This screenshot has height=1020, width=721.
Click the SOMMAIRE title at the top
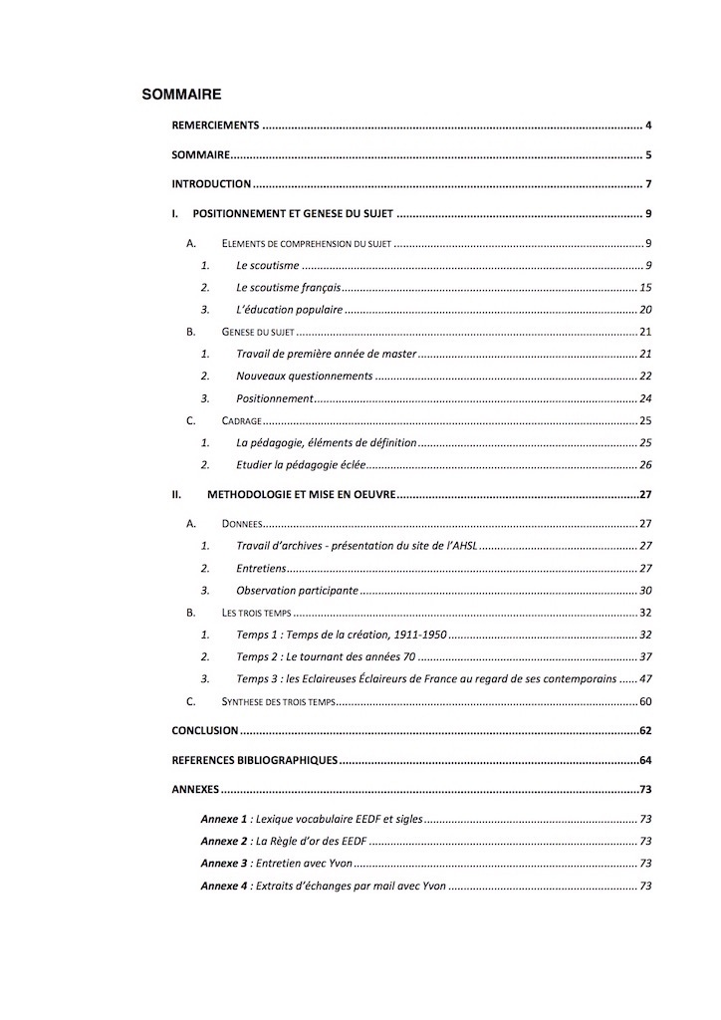point(181,95)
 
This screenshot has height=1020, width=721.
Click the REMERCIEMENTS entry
point(215,126)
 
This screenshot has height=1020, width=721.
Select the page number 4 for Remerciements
point(647,126)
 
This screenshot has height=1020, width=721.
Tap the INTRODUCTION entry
point(211,184)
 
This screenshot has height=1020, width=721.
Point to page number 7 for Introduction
point(647,184)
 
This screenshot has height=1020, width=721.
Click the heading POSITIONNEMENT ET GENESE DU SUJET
point(294,214)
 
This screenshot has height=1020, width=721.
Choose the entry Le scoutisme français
point(288,287)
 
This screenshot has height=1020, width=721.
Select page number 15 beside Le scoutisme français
point(644,287)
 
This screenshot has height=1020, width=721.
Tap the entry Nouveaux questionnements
point(305,376)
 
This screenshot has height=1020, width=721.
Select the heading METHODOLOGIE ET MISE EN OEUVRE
point(302,494)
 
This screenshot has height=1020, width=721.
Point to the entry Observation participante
point(297,590)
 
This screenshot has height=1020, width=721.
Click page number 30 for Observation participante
point(644,590)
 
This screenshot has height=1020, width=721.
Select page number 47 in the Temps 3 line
point(644,678)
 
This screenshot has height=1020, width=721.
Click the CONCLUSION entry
point(205,730)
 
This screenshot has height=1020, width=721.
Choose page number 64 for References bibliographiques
point(644,760)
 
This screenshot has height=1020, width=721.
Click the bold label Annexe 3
point(223,864)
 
